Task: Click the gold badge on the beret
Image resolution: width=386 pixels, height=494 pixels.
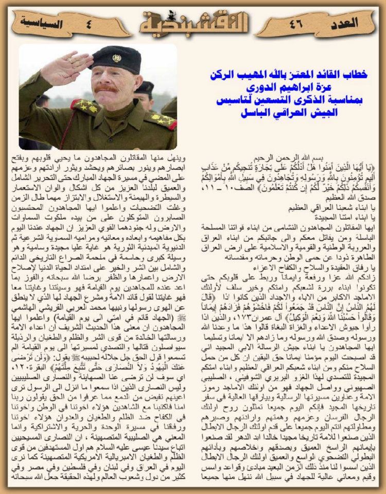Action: pos(117,58)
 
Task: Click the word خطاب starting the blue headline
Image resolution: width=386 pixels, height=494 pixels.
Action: pos(355,75)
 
